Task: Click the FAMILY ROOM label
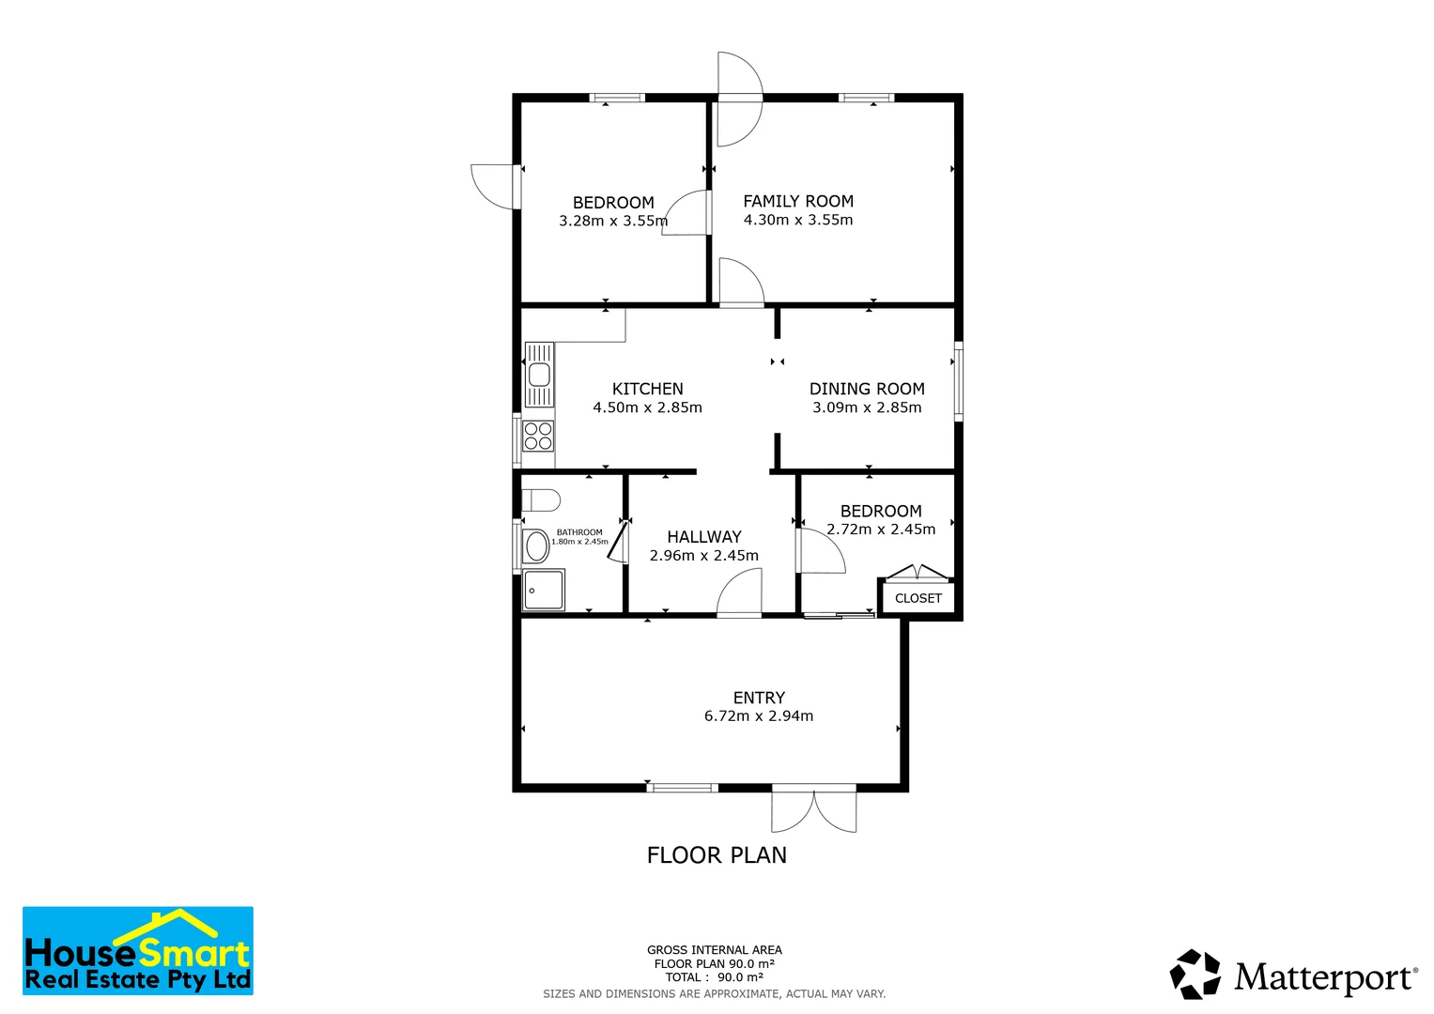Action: coord(798,201)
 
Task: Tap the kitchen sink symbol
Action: coord(539,375)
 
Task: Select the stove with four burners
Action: coord(538,437)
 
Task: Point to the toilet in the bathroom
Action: coord(540,499)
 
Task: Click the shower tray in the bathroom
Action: coord(544,590)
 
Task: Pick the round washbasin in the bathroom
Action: coord(536,545)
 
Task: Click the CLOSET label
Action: coord(917,598)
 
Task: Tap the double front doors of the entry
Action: coord(813,809)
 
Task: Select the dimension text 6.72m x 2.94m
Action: coord(759,715)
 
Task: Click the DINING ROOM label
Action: coord(867,389)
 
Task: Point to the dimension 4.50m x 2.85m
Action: coord(647,407)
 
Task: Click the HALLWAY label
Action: coord(704,537)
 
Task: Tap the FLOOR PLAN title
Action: coord(717,855)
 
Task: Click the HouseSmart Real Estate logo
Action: coord(138,951)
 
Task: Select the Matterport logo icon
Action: coord(1195,975)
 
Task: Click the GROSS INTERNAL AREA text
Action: coord(714,950)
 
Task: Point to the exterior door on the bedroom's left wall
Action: coord(493,186)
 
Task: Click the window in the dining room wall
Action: coord(958,380)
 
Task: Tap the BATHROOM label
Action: coord(579,532)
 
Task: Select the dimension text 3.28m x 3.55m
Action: coord(613,221)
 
